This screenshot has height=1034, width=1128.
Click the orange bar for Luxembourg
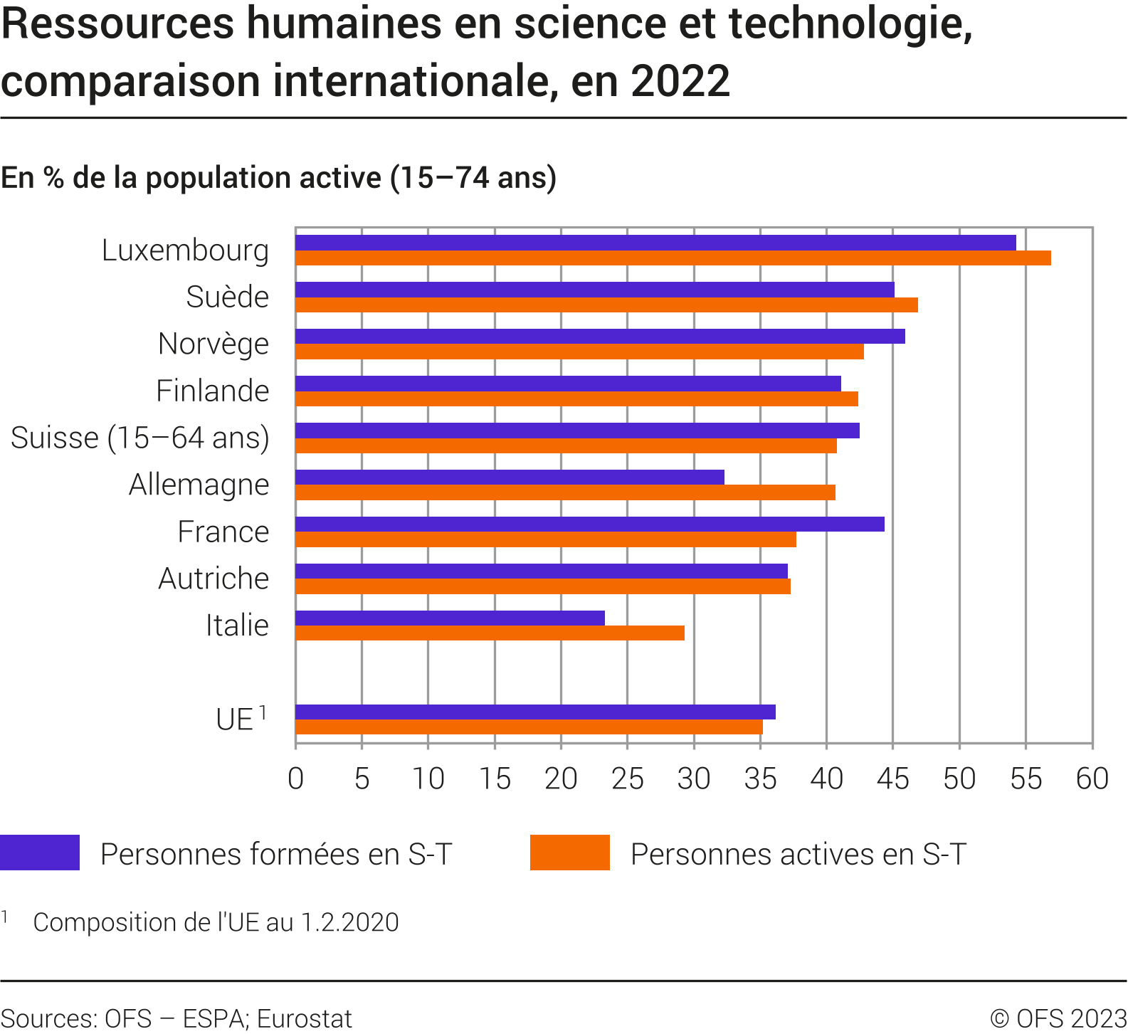(x=673, y=258)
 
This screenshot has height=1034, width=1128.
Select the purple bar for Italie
(x=450, y=618)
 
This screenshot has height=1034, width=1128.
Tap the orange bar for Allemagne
(x=565, y=492)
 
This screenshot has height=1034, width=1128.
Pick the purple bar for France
(x=589, y=524)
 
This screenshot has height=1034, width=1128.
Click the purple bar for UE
(x=535, y=712)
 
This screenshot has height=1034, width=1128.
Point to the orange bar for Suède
(x=606, y=305)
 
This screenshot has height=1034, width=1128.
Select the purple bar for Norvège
(x=600, y=337)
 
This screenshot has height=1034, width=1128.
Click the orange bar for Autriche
(x=542, y=586)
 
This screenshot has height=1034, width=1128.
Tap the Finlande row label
(x=212, y=391)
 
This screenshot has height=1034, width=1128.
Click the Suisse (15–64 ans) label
(x=140, y=438)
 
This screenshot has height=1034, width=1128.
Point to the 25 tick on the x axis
(x=627, y=779)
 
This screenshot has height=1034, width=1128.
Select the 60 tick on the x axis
(x=1092, y=779)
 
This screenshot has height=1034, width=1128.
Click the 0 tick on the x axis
(x=295, y=779)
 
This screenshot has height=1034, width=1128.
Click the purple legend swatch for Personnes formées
(x=40, y=853)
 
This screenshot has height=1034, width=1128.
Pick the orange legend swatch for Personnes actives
(x=569, y=853)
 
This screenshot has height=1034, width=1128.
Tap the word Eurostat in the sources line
(x=304, y=1019)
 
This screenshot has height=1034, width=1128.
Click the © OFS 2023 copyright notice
(x=1058, y=1019)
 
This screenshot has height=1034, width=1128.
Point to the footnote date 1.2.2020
(x=349, y=922)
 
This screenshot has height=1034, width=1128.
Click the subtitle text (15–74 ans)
(x=473, y=178)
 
